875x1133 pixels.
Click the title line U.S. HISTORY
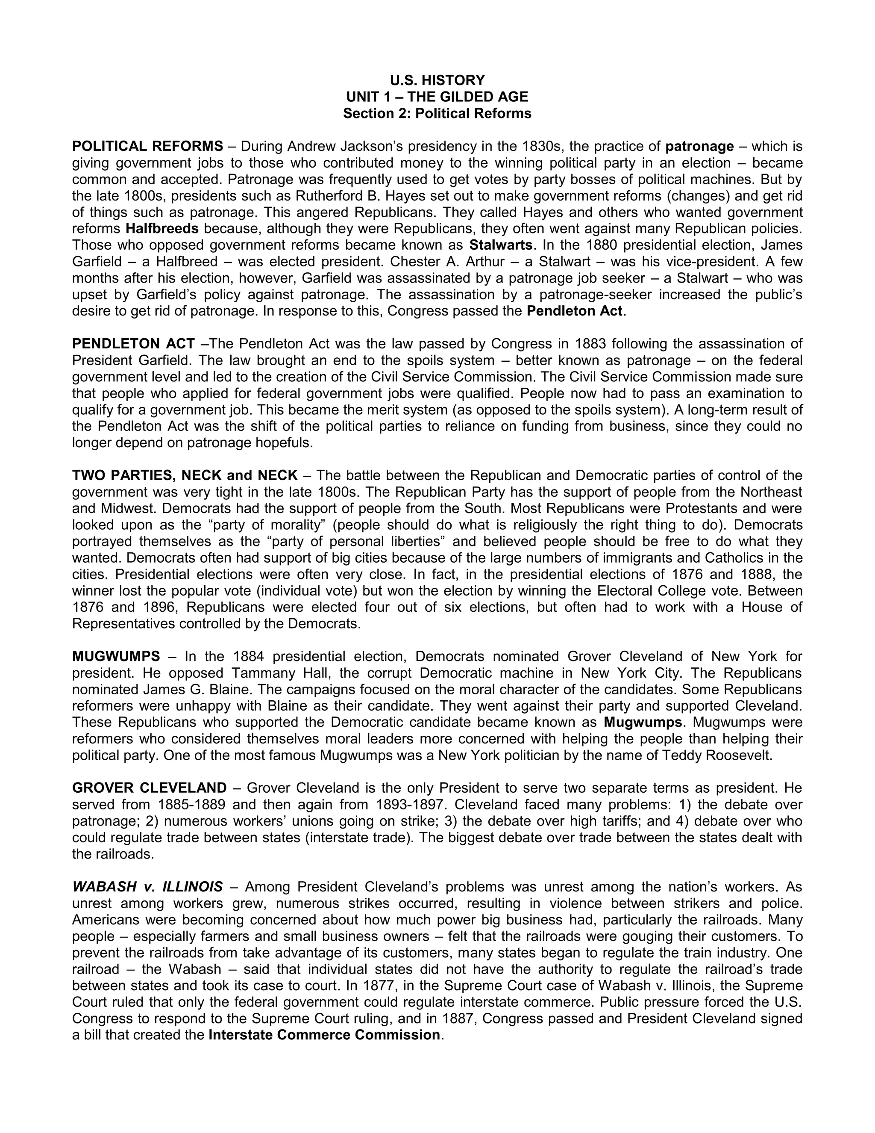click(437, 80)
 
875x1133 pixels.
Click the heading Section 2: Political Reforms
click(437, 114)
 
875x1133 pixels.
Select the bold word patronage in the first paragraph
click(699, 146)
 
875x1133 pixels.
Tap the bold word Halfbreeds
click(162, 228)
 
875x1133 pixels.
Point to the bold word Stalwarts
click(501, 245)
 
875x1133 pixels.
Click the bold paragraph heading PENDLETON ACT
click(133, 343)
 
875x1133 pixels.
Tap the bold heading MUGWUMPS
click(116, 656)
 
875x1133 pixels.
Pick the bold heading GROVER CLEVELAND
click(149, 788)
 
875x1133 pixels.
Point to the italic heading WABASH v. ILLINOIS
click(148, 887)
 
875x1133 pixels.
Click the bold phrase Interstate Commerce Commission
click(325, 1035)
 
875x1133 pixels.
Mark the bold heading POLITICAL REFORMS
click(148, 146)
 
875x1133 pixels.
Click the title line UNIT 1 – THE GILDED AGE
click(437, 97)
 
